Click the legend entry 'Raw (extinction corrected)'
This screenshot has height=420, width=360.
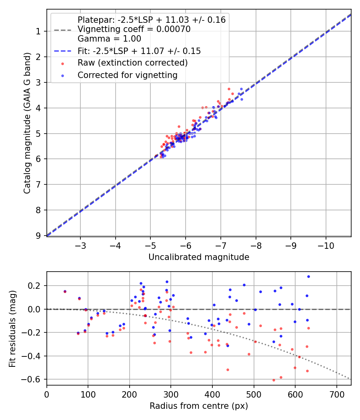132,63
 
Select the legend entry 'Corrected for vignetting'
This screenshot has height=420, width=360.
127,75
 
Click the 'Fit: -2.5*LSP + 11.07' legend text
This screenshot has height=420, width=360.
139,51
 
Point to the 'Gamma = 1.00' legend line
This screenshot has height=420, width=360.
109,39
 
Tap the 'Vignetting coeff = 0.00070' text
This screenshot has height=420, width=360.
134,29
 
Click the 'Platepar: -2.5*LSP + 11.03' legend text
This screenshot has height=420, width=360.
152,20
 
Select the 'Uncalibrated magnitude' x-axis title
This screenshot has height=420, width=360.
199,257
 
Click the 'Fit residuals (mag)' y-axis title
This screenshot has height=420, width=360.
12,328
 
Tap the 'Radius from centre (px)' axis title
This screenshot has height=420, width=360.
199,406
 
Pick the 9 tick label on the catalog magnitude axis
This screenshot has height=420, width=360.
39,236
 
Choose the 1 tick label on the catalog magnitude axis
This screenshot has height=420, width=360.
39,31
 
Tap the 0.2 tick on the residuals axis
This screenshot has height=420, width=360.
36,286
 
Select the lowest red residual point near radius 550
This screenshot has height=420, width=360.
274,380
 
